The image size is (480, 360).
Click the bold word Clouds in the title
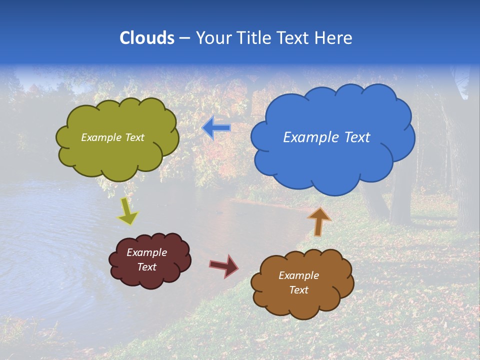146,38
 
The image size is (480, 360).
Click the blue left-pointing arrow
216,127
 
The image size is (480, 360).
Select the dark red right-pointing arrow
224,265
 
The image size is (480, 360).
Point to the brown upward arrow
319,221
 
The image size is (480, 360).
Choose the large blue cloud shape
332,160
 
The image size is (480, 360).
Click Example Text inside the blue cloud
326,137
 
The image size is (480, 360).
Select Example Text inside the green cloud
112,137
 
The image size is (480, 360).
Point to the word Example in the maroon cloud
146,252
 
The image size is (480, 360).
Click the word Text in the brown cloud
298,290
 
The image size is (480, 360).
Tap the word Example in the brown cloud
298,275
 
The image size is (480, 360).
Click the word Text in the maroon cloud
146,267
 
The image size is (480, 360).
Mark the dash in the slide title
184,38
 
